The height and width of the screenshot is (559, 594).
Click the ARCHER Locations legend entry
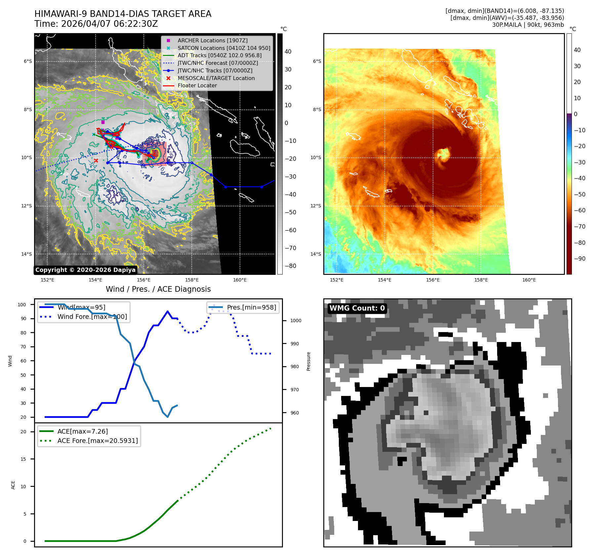tap(212, 40)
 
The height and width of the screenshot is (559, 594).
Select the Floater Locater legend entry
tap(197, 85)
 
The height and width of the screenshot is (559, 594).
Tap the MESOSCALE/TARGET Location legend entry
tap(216, 78)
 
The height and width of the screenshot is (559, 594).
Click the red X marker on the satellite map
tap(96, 161)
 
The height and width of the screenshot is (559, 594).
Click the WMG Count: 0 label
tap(357, 308)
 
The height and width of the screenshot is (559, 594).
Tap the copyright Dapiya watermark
tap(85, 270)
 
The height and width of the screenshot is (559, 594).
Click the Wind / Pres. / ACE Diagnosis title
tap(158, 289)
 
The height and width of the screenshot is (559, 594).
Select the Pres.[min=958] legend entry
tap(251, 307)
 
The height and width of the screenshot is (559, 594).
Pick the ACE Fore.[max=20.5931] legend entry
tap(98, 441)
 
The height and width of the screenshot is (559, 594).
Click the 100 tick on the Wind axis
tap(22, 305)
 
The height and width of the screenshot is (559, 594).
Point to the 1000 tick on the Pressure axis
tap(296, 321)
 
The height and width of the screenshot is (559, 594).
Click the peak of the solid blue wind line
tap(168, 311)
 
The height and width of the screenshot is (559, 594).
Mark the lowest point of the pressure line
tap(168, 417)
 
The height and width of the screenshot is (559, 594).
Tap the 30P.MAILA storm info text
tap(528, 25)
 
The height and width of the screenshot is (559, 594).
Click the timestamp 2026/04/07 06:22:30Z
tap(109, 24)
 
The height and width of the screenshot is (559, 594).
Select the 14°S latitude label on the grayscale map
tap(27, 254)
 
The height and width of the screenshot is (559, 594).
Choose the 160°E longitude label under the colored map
tap(529, 280)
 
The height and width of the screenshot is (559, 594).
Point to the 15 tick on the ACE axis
tap(23, 459)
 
